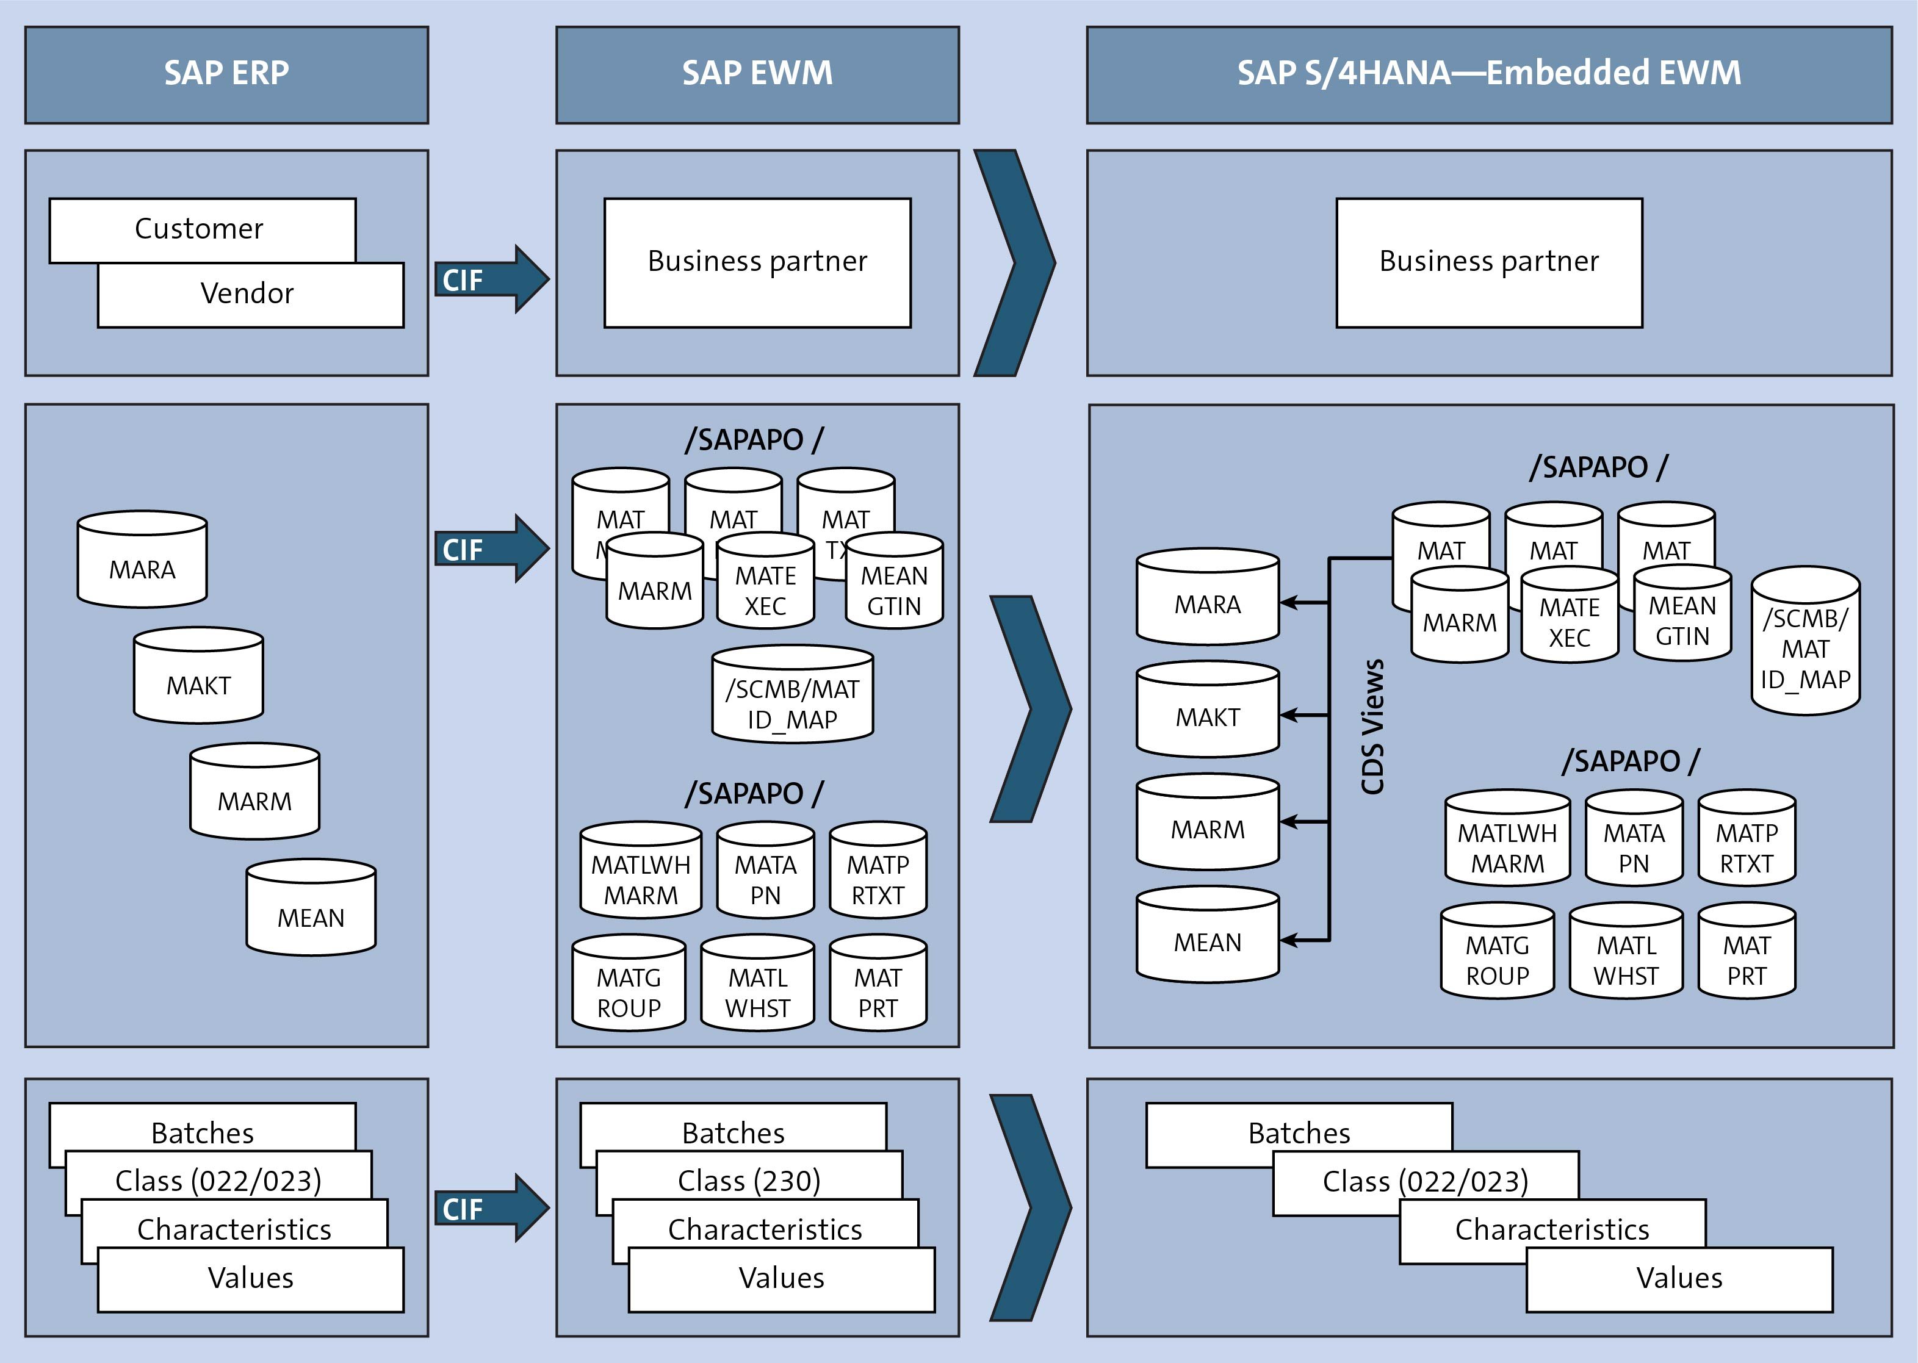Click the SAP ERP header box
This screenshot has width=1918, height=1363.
point(226,74)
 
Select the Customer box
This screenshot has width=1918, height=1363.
point(201,228)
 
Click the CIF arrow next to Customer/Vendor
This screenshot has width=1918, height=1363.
point(491,279)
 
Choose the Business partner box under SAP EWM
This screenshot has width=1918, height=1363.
point(757,262)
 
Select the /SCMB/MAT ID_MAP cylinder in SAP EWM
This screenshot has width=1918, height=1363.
point(792,697)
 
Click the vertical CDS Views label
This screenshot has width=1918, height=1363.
point(1372,727)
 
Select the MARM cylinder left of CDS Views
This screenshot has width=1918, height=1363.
point(1207,824)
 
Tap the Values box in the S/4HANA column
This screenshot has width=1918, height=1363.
point(1679,1278)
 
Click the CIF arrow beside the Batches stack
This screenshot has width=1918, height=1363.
point(491,1209)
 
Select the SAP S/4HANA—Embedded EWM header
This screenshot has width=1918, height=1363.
point(1488,74)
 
